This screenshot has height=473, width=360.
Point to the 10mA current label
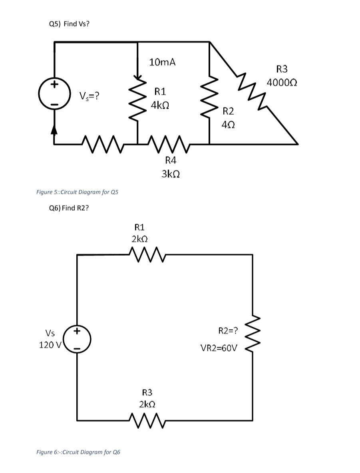coord(162,62)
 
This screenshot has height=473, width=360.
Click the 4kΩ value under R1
coord(159,106)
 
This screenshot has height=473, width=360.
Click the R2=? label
coord(228,330)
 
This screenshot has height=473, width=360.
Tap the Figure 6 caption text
coord(78,452)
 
